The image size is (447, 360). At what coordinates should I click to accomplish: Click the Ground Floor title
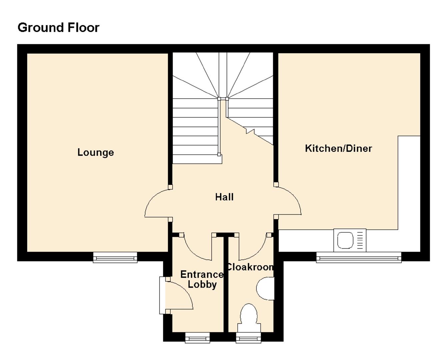click(58, 27)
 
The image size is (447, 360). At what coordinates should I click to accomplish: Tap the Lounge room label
click(96, 152)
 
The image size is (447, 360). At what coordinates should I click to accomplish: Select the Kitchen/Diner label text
click(338, 148)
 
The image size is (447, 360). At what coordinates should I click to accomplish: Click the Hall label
click(224, 197)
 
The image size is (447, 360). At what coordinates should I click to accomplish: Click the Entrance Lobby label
click(202, 279)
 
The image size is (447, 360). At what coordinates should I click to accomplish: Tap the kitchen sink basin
click(345, 240)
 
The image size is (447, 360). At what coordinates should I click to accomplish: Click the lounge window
click(115, 257)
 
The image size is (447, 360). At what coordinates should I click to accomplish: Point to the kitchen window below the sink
click(359, 257)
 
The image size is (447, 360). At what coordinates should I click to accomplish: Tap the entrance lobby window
click(197, 337)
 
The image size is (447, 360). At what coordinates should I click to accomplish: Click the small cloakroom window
click(248, 337)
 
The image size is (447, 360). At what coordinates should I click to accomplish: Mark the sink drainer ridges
click(360, 240)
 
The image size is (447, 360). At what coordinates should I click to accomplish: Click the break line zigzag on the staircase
click(250, 131)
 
